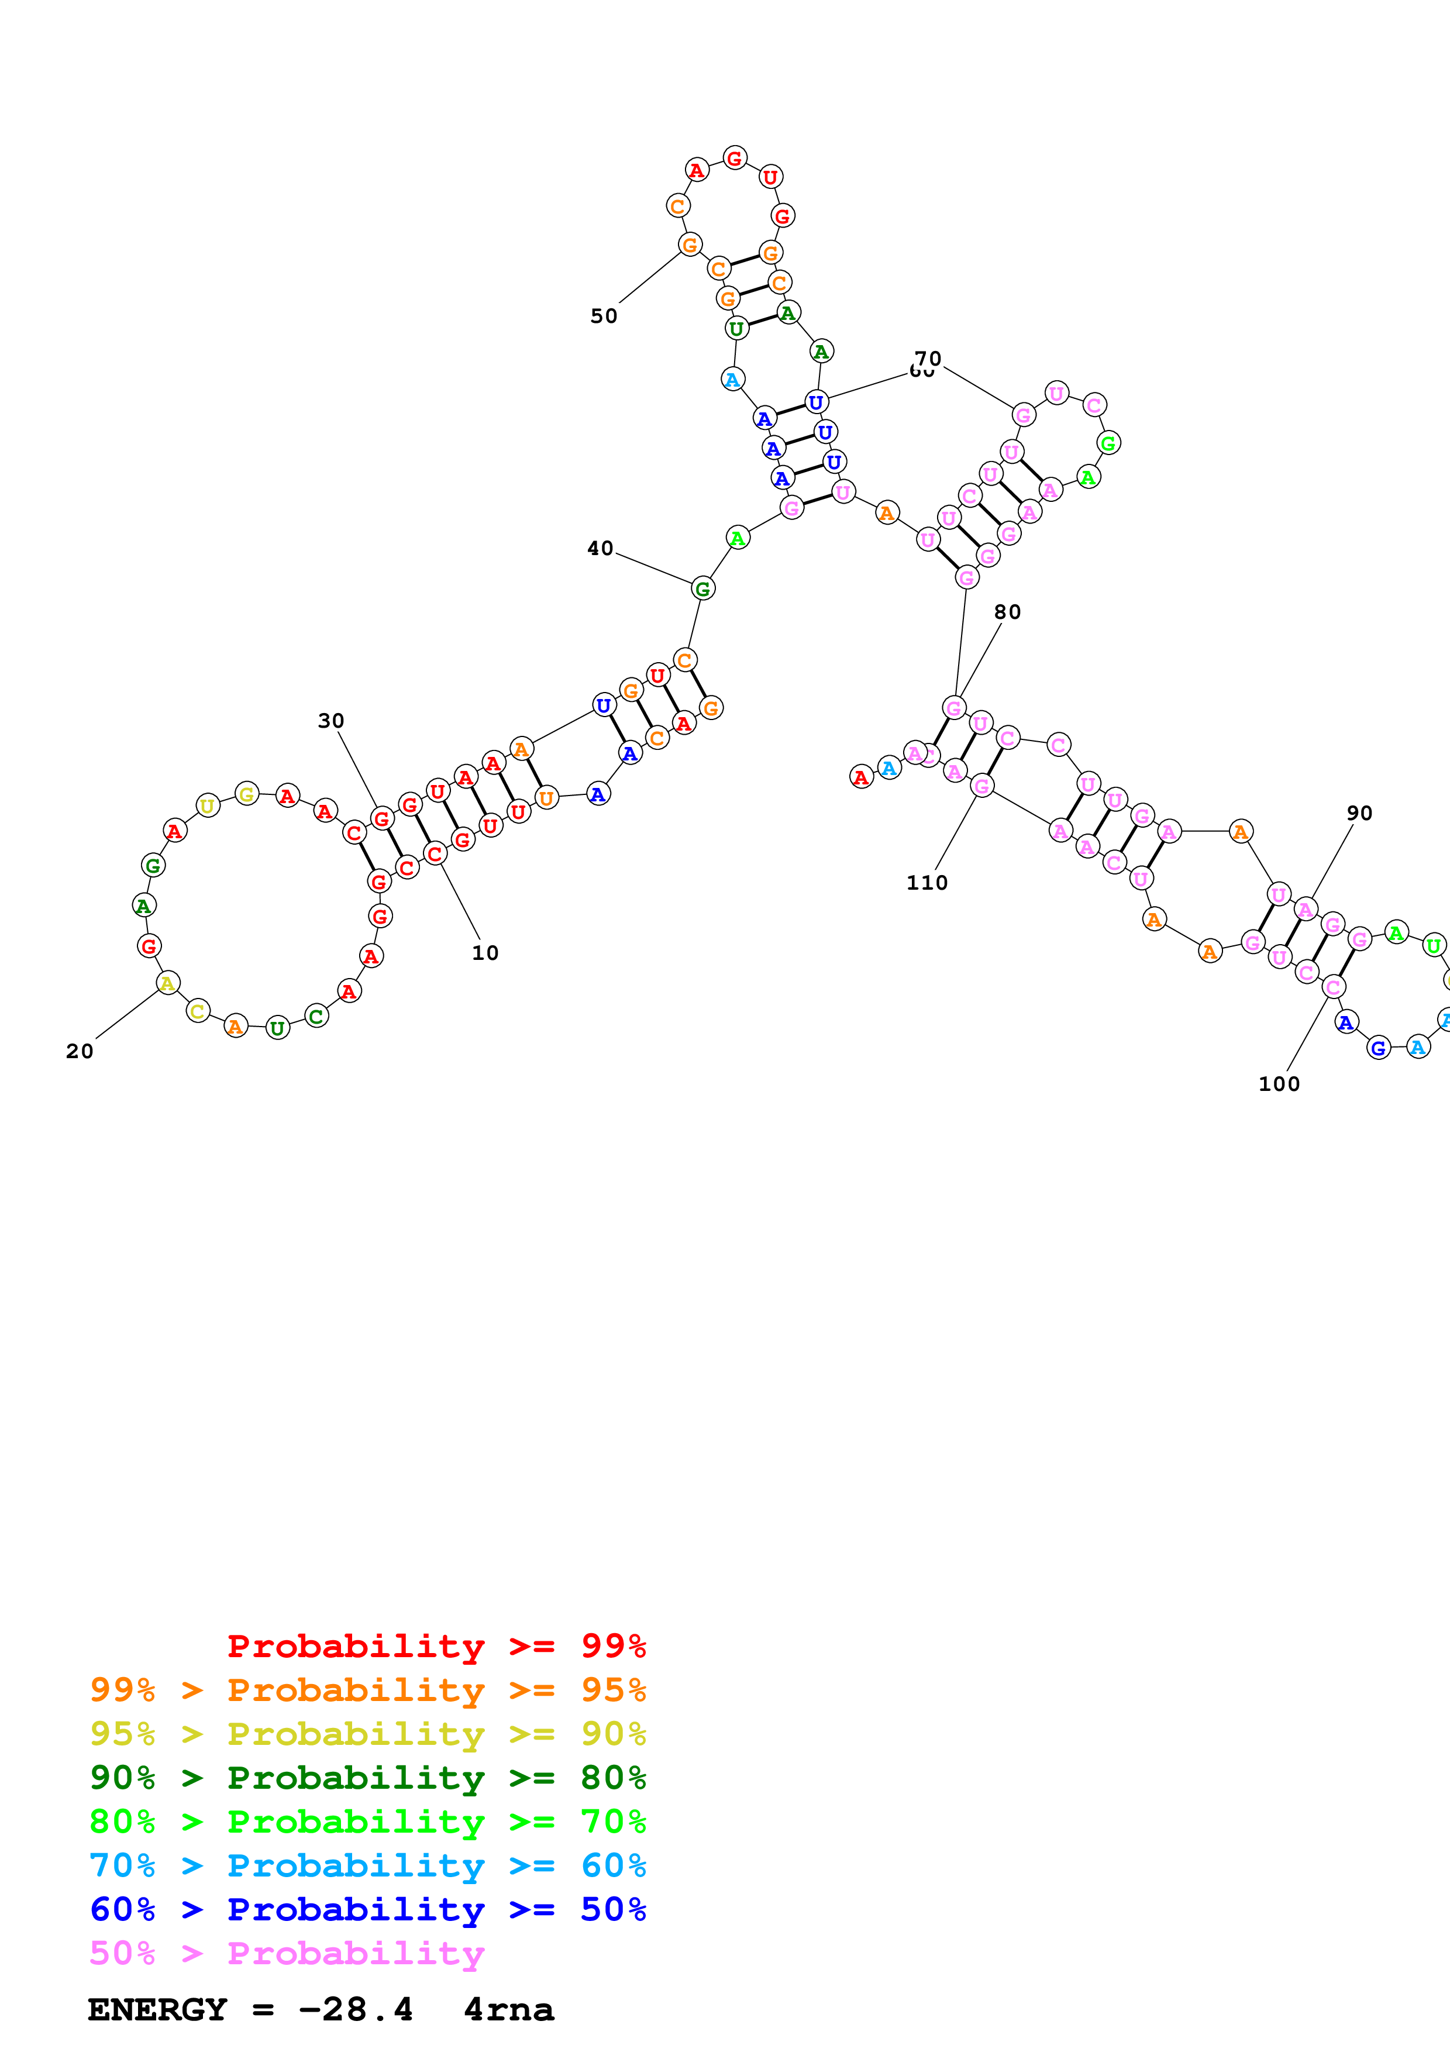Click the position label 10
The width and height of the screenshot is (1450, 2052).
pos(485,953)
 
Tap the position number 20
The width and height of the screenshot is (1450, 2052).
pos(80,1051)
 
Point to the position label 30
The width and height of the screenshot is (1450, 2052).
pos(330,720)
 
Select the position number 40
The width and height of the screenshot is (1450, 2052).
pos(600,548)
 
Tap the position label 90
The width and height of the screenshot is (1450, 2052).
pos(1359,812)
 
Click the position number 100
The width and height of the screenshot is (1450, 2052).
pos(1279,1083)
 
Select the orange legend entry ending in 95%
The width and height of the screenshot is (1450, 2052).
pos(367,1689)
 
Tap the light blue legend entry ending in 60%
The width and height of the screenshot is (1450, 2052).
pos(367,1865)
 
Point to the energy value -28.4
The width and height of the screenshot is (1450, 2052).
pos(356,2009)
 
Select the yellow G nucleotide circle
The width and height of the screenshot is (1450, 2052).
pos(247,794)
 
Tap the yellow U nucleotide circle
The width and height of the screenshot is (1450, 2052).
pos(207,805)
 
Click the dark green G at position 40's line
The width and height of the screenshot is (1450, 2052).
pos(703,588)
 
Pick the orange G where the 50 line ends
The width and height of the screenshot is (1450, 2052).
pos(690,245)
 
